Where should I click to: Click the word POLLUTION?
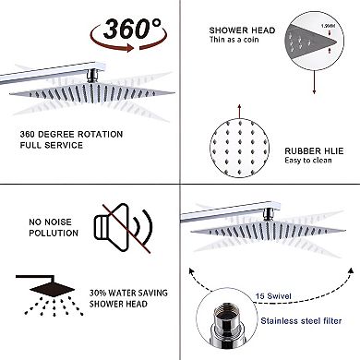coord(53,234)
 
